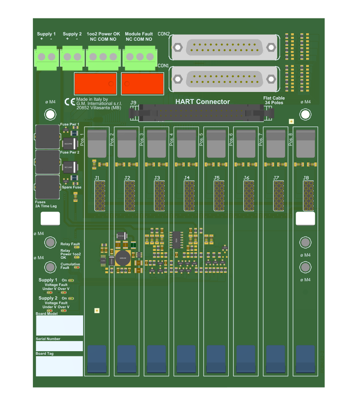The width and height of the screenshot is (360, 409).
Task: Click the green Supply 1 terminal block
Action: [x=46, y=58]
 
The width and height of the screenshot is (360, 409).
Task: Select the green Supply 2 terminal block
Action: [x=72, y=57]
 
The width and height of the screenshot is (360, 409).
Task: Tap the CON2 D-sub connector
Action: [x=224, y=47]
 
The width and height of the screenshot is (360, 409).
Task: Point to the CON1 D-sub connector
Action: [x=224, y=79]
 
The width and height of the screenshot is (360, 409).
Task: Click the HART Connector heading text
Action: [x=202, y=102]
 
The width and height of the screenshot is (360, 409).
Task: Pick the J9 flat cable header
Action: [x=202, y=113]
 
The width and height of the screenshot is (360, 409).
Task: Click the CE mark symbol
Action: [x=70, y=102]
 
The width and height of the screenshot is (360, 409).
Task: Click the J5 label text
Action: [x=216, y=178]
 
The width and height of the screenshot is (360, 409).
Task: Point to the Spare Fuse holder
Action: [x=47, y=187]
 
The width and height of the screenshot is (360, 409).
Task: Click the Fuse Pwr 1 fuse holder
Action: [x=47, y=137]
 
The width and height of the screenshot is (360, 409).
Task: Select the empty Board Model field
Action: [x=59, y=325]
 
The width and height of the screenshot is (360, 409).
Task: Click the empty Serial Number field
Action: [x=59, y=346]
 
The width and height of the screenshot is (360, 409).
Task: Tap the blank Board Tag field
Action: [x=59, y=366]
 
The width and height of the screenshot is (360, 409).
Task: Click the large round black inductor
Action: [x=123, y=258]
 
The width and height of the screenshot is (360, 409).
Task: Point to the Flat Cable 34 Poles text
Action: [x=274, y=100]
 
